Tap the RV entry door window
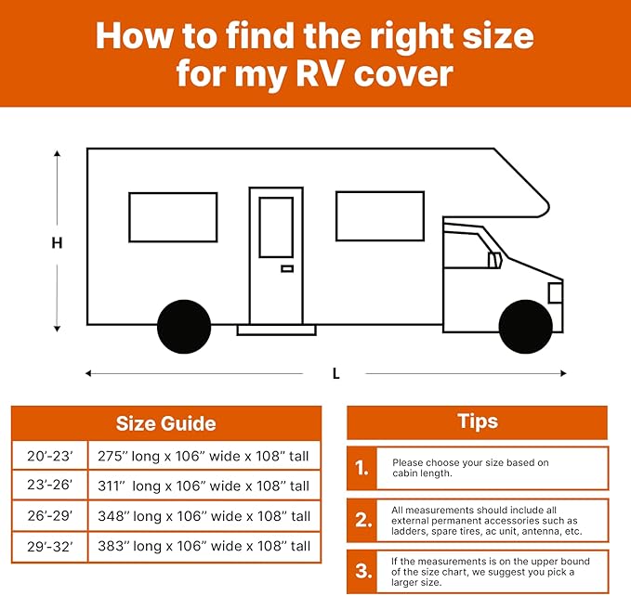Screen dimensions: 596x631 click(276, 227)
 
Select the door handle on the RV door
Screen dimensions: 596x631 click(287, 268)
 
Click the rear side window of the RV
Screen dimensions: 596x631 click(173, 216)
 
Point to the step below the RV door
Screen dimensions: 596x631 click(276, 330)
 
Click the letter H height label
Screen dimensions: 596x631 click(57, 243)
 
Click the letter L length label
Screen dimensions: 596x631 click(335, 373)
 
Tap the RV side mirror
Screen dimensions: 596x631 click(494, 260)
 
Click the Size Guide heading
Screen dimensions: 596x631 click(165, 423)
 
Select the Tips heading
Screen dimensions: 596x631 click(478, 421)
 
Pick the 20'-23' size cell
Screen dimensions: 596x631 click(49, 455)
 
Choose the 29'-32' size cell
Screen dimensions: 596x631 click(49, 547)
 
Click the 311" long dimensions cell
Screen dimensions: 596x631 click(204, 486)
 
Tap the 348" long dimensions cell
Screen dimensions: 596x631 click(204, 516)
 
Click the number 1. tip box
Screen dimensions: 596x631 click(362, 469)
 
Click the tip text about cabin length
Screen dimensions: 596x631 click(469, 469)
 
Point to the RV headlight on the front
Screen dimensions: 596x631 click(555, 293)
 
